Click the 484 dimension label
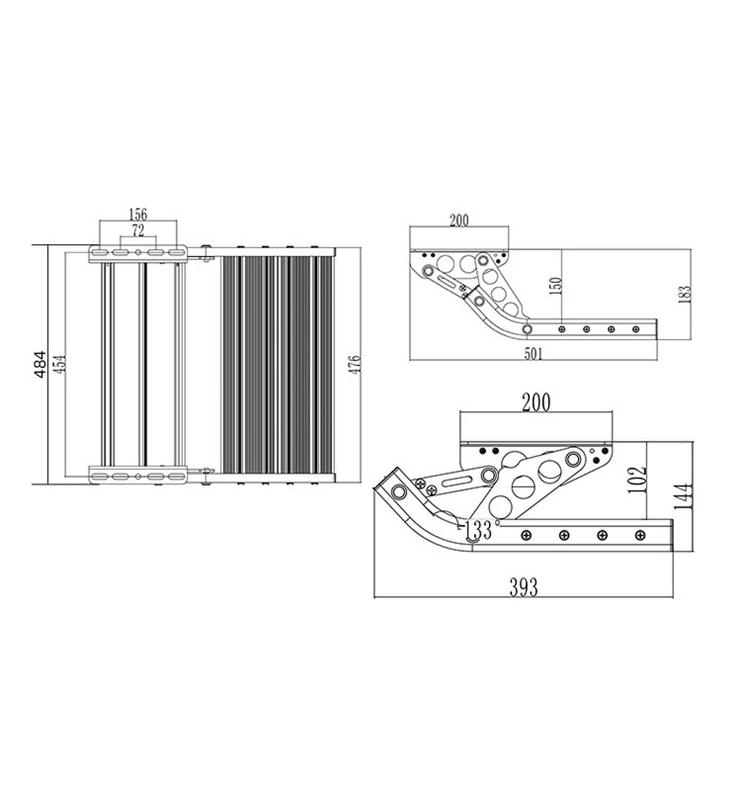pyautogui.click(x=40, y=365)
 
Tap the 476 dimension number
pyautogui.click(x=354, y=365)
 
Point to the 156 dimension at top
pyautogui.click(x=138, y=215)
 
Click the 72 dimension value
pyautogui.click(x=138, y=230)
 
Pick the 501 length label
pyautogui.click(x=533, y=354)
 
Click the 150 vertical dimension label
pyautogui.click(x=556, y=286)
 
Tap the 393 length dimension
pyautogui.click(x=524, y=588)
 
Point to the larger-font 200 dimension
pyautogui.click(x=536, y=402)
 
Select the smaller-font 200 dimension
pyautogui.click(x=459, y=221)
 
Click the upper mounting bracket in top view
pyautogui.click(x=138, y=253)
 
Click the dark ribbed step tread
pyautogui.click(x=277, y=365)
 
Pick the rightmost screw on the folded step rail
pyautogui.click(x=640, y=535)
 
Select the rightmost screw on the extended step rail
pyautogui.click(x=635, y=329)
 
